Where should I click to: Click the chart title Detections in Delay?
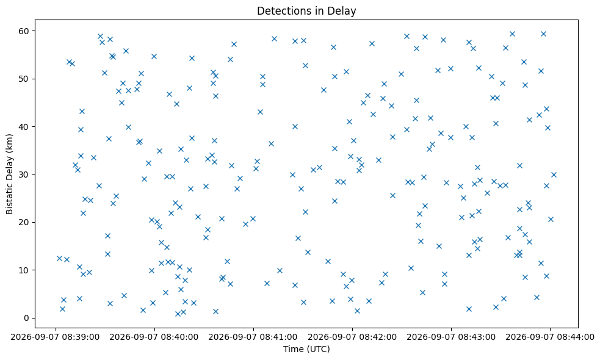click(306, 11)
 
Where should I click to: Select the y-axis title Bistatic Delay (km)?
click(10, 174)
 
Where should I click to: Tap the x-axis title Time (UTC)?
click(306, 349)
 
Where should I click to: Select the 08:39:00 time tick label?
click(56, 337)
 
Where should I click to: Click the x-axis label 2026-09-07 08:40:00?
click(154, 337)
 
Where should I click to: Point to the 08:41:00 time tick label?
click(253, 337)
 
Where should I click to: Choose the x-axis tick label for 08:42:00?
click(352, 337)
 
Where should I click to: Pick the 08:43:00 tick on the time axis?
click(451, 337)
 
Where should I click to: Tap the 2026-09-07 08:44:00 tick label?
click(551, 337)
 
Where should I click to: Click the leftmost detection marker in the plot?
click(59, 258)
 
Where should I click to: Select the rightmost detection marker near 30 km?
click(554, 175)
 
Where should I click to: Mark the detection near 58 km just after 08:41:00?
click(274, 38)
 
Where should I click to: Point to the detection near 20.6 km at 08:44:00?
click(551, 219)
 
